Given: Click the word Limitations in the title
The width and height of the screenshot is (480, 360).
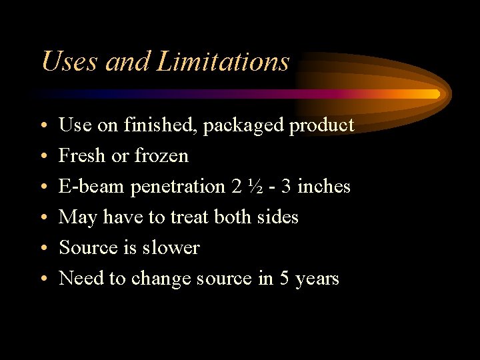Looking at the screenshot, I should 223,62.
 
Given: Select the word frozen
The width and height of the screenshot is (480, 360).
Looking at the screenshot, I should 161,156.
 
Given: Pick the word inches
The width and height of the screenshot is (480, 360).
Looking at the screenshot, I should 323,187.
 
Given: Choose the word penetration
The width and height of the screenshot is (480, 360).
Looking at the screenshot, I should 178,187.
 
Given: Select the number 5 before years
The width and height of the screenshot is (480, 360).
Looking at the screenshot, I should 285,278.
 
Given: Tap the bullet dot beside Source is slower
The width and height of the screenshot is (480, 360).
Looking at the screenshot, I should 42,249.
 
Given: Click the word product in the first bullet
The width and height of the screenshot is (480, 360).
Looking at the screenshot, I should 321,125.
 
